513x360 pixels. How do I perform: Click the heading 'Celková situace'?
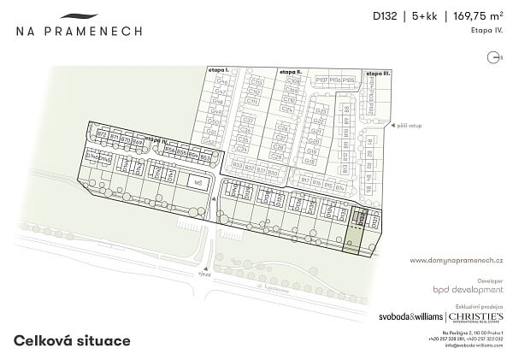[72, 340]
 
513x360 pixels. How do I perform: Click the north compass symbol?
[493, 56]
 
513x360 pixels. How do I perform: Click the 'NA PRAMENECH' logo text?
[79, 31]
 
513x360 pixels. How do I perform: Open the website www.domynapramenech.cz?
[455, 259]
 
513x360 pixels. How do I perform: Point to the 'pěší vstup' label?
[410, 126]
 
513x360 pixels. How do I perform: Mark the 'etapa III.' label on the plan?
[377, 74]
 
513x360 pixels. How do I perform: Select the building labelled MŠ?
[198, 182]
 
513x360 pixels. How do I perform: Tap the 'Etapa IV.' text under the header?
[484, 29]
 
